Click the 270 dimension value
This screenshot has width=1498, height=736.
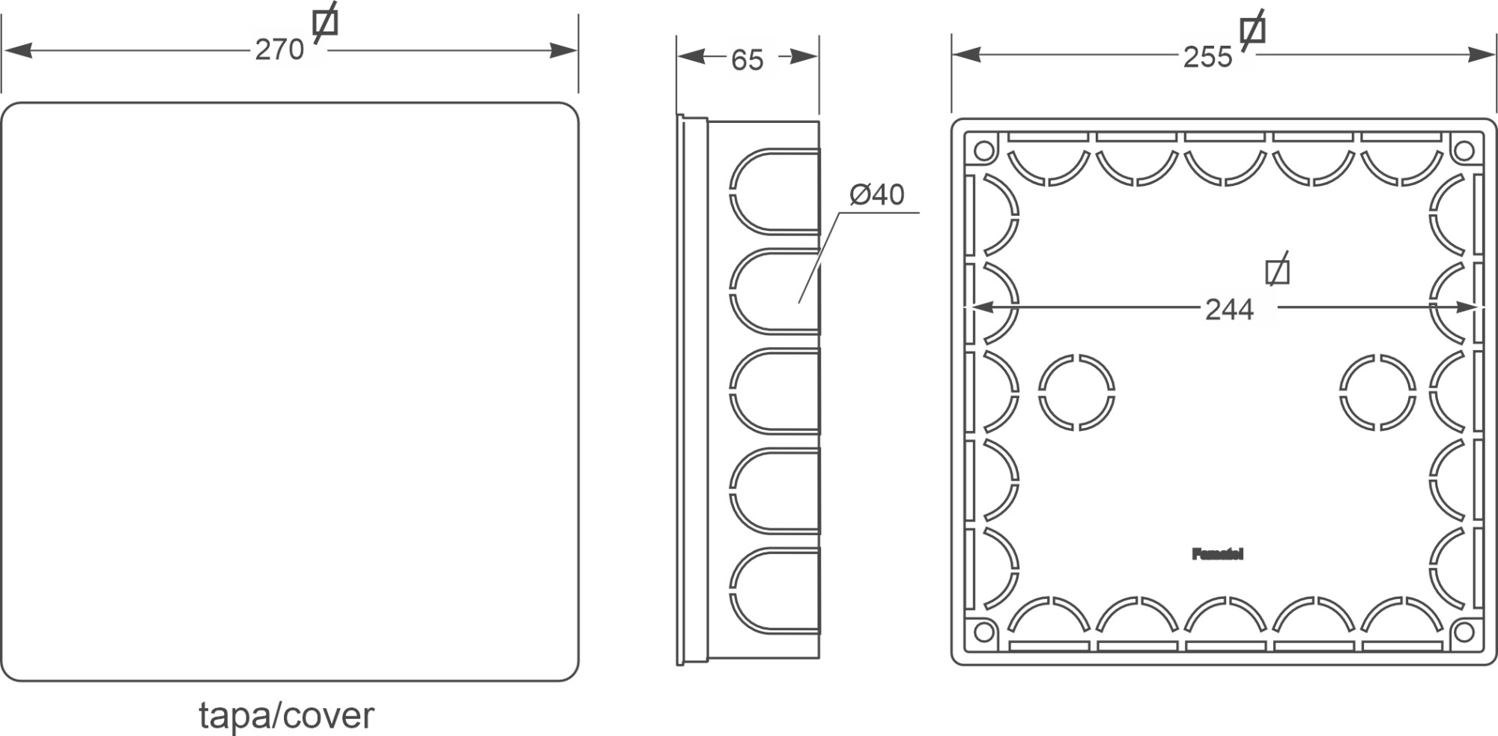point(279,50)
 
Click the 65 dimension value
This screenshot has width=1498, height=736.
point(747,60)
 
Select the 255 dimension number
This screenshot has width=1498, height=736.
point(1207,57)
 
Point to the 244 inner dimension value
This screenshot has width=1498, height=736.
point(1229,310)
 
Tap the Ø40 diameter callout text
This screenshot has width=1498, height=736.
point(877,195)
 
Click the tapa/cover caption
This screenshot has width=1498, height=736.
point(286,715)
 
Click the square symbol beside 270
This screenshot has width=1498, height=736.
point(325,23)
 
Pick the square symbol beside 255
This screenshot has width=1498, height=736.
point(1252,30)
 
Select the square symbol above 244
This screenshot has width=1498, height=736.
point(1277,272)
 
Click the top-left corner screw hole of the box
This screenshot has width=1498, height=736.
point(983,151)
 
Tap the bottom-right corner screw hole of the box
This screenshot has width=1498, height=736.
point(1463,633)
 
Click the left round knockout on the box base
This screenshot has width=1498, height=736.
point(1076,393)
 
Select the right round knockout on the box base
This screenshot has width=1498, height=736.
point(1377,393)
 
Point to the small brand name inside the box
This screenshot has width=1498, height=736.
point(1217,555)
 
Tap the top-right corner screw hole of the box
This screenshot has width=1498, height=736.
point(1463,151)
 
